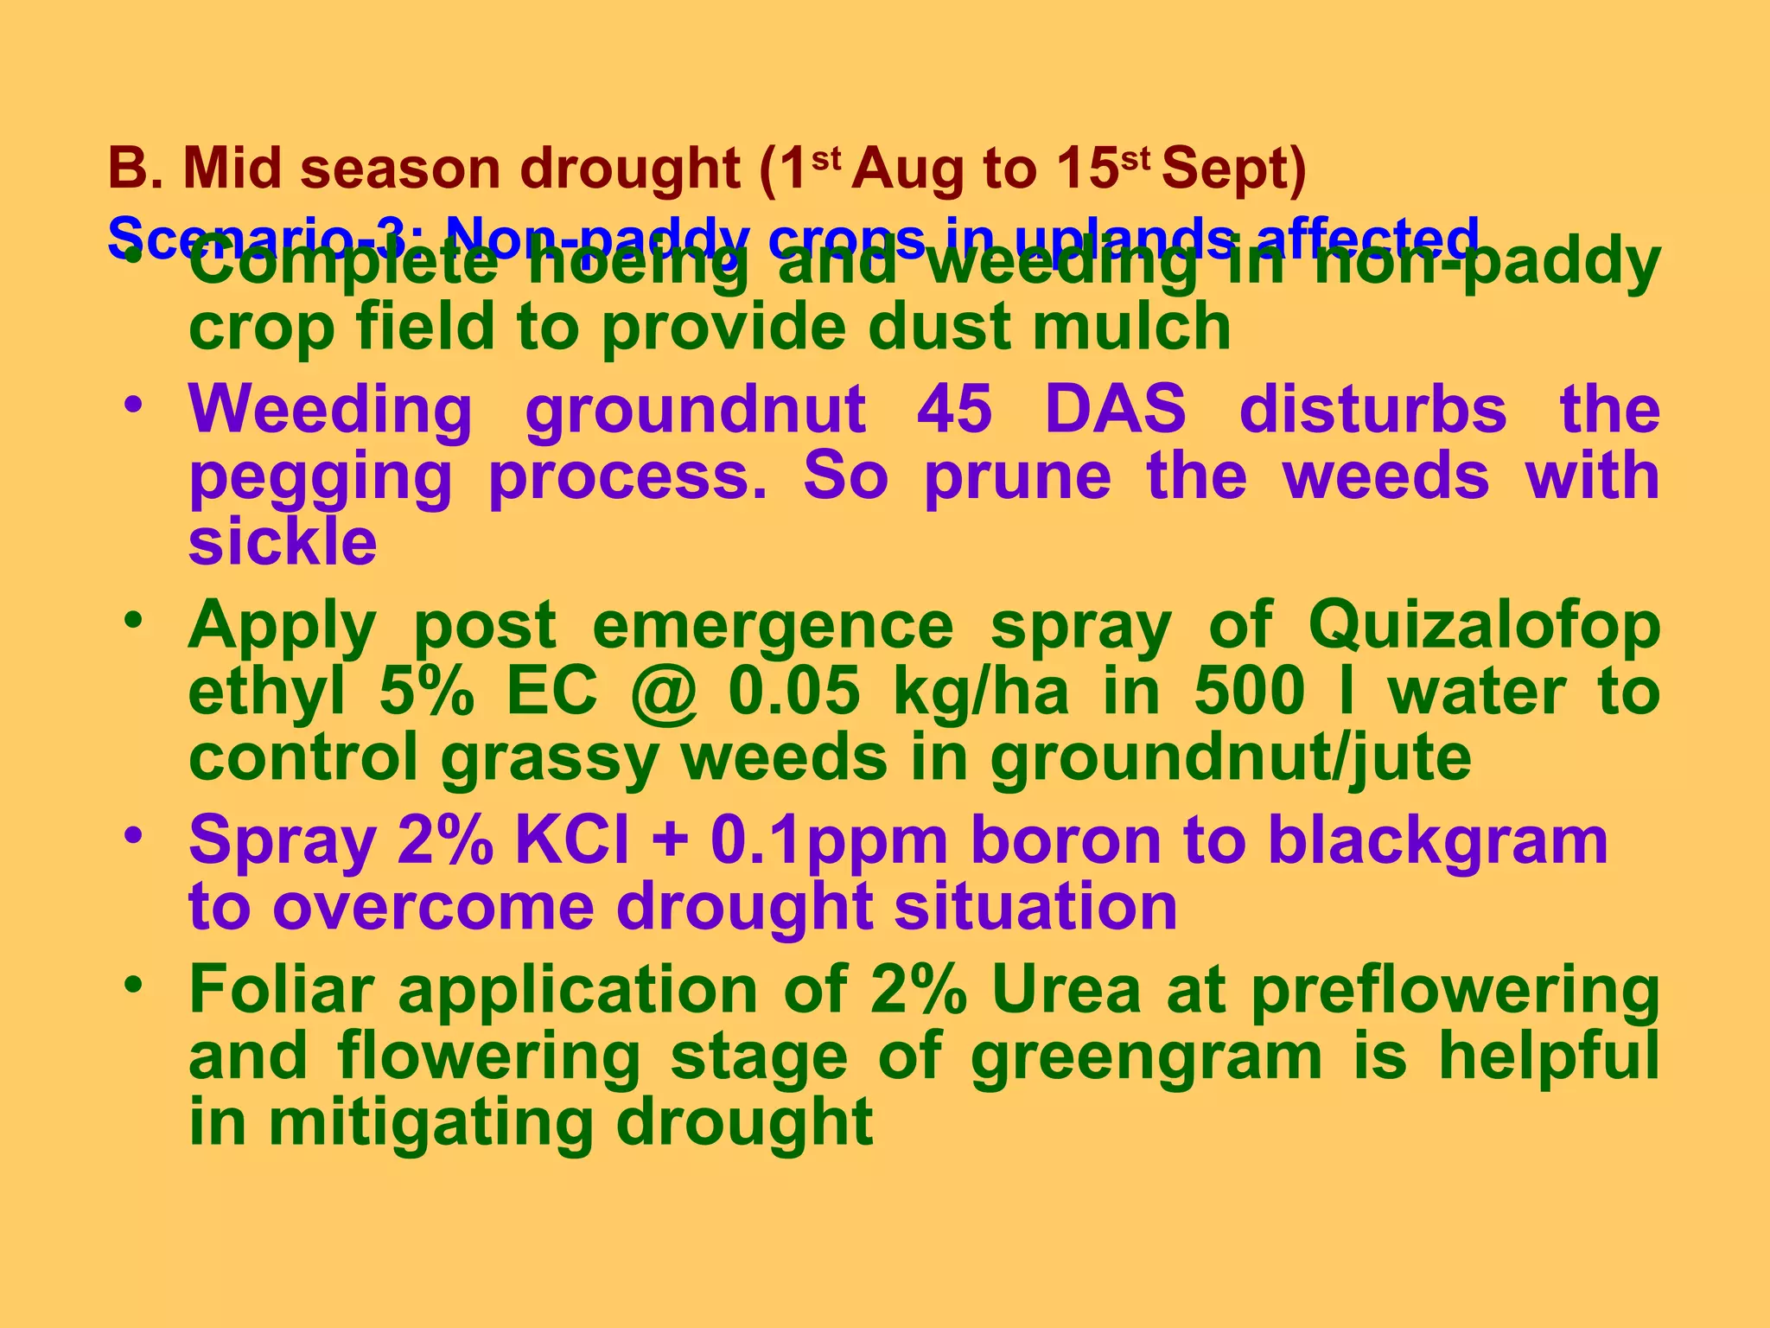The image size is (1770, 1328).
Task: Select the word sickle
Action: coord(283,543)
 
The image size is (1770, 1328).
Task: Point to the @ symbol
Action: coord(663,693)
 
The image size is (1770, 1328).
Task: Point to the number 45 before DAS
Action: coord(954,409)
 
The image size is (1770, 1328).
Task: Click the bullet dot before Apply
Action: coord(132,620)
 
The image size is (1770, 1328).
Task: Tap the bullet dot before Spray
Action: coord(132,835)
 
